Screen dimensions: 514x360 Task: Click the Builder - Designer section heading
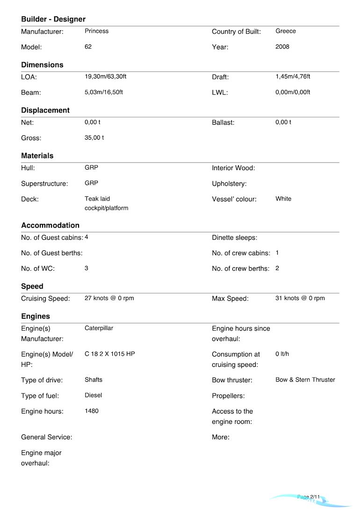[53, 19]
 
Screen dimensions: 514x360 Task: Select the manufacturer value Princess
[96, 31]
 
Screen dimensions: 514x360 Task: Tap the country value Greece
[285, 31]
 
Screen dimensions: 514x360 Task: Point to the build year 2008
[282, 47]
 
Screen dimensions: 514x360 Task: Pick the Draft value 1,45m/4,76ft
[293, 77]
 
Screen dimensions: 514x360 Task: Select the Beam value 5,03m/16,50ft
[103, 92]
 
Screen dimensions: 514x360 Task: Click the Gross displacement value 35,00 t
[94, 138]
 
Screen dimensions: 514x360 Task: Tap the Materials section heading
[37, 156]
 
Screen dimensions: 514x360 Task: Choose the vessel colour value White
[283, 199]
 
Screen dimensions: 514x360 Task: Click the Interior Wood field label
[233, 168]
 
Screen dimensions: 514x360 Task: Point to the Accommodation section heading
[50, 225]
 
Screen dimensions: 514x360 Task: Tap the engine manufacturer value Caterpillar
[99, 328]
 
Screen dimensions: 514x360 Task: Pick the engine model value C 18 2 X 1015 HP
[109, 354]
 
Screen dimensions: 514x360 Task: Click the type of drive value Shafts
[93, 380]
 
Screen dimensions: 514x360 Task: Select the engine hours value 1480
[92, 411]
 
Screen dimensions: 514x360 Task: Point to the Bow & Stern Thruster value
[305, 380]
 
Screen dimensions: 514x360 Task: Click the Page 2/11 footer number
[309, 497]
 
